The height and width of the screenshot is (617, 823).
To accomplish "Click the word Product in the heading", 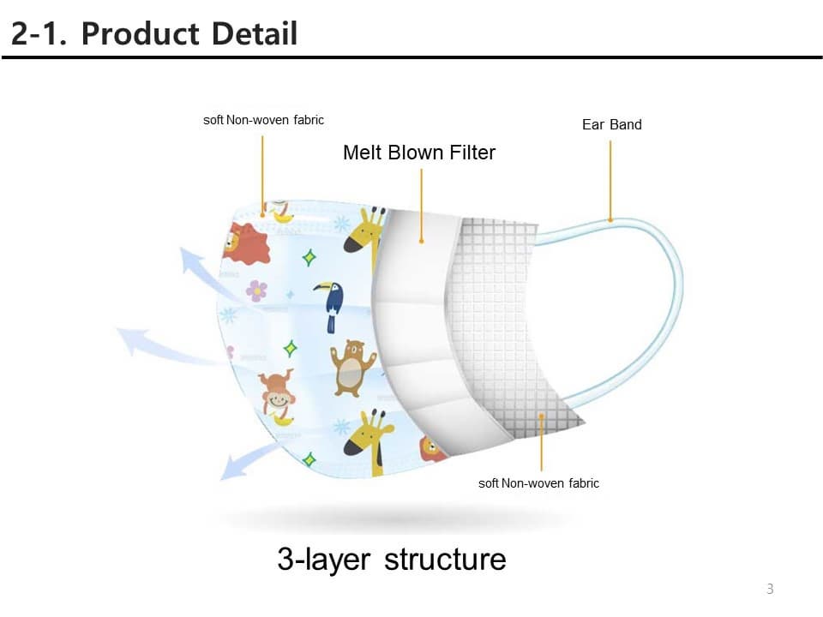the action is tap(140, 33).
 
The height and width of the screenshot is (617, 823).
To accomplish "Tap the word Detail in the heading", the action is tap(255, 33).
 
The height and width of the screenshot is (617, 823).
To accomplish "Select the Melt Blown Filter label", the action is tap(419, 153).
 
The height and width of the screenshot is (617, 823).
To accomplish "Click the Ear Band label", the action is tap(611, 125).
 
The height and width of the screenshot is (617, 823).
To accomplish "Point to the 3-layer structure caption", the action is tap(392, 560).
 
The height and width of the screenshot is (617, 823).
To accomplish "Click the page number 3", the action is tap(770, 589).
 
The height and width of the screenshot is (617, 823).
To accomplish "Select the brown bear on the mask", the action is tap(351, 368).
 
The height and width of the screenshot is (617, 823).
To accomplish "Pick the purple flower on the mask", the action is tap(256, 291).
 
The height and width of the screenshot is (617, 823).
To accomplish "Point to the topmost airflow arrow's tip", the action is tap(185, 252).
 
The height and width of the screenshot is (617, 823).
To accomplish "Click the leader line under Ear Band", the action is tap(610, 181).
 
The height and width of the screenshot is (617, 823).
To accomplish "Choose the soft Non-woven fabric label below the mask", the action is tap(538, 483).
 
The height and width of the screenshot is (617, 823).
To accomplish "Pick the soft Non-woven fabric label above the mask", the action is tap(263, 120).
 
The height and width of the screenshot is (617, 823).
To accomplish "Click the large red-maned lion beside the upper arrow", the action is tap(246, 243).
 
